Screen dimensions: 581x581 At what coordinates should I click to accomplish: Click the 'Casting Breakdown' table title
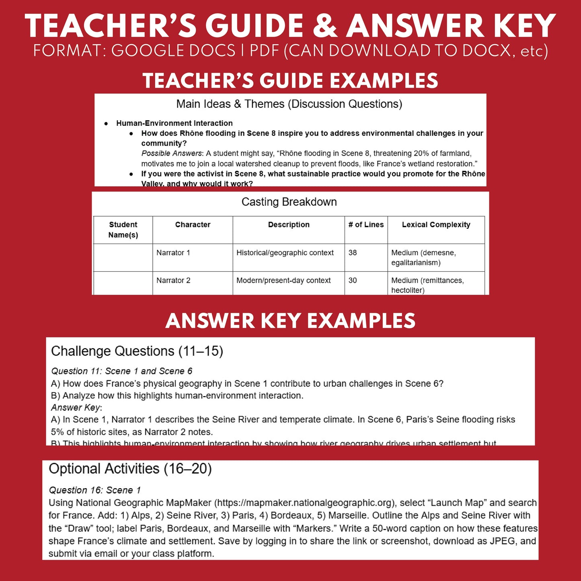pos(289,202)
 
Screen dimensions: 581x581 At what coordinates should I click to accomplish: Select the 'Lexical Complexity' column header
pos(436,225)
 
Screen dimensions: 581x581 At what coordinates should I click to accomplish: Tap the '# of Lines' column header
pos(366,225)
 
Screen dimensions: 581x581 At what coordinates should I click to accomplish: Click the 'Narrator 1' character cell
pos(173,253)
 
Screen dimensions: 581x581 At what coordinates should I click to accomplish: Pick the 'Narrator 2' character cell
pos(173,280)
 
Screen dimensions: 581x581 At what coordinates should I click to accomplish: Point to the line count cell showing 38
pos(353,253)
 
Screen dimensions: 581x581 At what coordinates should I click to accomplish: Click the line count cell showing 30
pos(353,280)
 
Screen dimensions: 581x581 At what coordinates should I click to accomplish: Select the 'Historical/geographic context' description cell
pos(285,253)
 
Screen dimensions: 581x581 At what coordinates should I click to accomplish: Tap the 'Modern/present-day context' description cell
pos(283,280)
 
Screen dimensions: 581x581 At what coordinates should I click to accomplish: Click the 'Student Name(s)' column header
pos(123,230)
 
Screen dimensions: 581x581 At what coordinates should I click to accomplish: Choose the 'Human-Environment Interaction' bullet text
pos(175,123)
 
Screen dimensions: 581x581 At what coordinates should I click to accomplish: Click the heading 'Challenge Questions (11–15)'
pos(137,351)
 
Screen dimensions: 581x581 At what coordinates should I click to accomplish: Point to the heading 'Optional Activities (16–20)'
pos(130,469)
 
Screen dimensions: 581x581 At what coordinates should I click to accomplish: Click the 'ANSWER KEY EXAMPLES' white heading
pos(290,321)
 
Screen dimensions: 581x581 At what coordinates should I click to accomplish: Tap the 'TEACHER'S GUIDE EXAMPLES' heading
pos(290,80)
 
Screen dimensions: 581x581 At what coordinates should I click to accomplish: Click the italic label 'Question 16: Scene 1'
pos(94,490)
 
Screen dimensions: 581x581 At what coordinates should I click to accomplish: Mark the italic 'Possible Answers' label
pos(172,153)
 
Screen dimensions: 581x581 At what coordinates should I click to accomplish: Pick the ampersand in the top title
pos(325,26)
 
